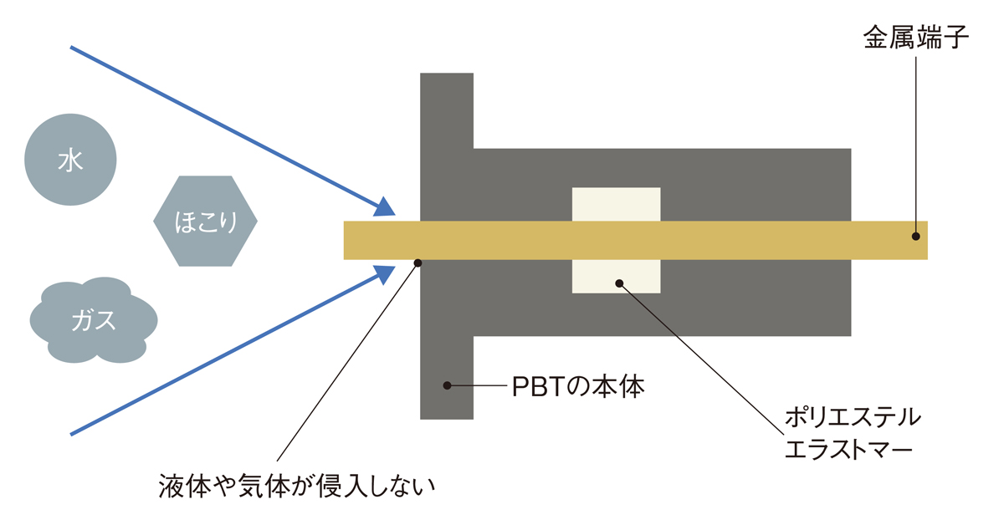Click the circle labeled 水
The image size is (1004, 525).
(x=70, y=160)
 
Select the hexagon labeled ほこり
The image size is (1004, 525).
(x=205, y=221)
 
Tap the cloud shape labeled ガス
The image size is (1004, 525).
(x=94, y=320)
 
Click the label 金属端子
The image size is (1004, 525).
(x=916, y=37)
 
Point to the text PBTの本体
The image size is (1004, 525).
(x=578, y=386)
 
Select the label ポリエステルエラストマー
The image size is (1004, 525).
(x=853, y=433)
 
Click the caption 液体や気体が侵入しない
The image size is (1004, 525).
(x=297, y=487)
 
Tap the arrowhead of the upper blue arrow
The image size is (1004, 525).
(x=384, y=207)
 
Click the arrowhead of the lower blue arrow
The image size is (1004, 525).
(x=384, y=274)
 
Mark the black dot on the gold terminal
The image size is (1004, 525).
(x=916, y=236)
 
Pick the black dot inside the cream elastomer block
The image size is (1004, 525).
(x=619, y=283)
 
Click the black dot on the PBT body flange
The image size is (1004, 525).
(x=447, y=385)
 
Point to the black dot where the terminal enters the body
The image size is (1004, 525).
(x=417, y=263)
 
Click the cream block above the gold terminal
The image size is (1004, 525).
(x=617, y=204)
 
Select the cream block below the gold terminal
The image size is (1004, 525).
(x=617, y=277)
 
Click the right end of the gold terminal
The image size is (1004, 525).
(x=927, y=240)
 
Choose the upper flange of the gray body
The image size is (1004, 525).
(x=447, y=110)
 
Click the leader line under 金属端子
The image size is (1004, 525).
(x=915, y=143)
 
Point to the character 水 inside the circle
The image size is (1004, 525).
(x=70, y=161)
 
